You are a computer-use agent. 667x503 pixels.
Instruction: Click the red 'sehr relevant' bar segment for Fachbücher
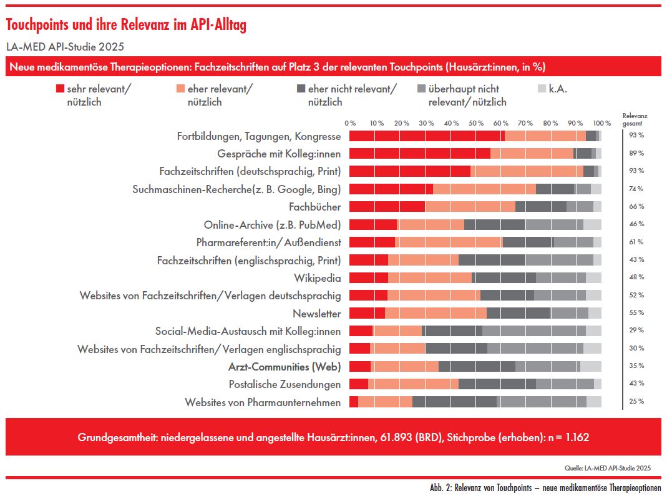point(387,206)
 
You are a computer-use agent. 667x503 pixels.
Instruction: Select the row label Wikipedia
point(317,277)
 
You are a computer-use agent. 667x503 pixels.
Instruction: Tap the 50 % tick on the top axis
point(476,122)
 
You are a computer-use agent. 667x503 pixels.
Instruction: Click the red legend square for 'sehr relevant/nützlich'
point(61,89)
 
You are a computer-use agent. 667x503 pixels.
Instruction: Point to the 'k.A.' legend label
point(558,89)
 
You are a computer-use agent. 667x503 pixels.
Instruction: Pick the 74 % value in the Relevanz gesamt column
point(636,189)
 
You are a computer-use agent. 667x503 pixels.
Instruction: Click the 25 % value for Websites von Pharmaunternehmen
point(636,401)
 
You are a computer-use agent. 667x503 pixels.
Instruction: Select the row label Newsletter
point(317,313)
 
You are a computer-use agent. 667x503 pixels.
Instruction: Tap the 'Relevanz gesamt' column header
point(635,119)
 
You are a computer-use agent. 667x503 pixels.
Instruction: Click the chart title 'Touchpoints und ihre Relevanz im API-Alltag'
point(127,25)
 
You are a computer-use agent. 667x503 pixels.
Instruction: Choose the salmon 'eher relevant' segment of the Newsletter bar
point(436,313)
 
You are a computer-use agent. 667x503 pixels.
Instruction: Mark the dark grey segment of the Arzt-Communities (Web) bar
point(477,366)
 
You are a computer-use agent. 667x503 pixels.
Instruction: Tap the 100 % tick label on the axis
point(602,122)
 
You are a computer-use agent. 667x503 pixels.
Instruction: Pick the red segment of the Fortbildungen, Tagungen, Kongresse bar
point(427,136)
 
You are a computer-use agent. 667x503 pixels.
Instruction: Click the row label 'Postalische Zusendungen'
point(285,384)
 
